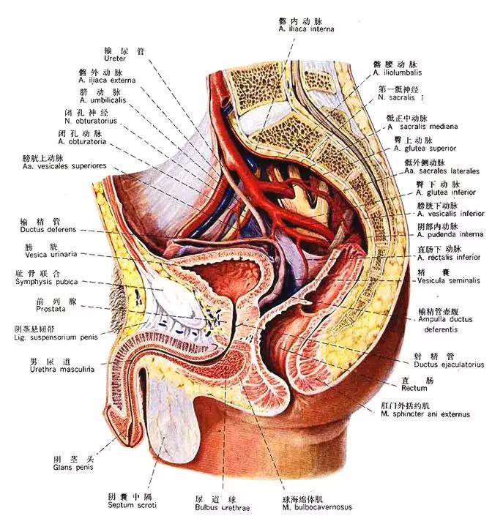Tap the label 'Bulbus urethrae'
pos(213,506)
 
